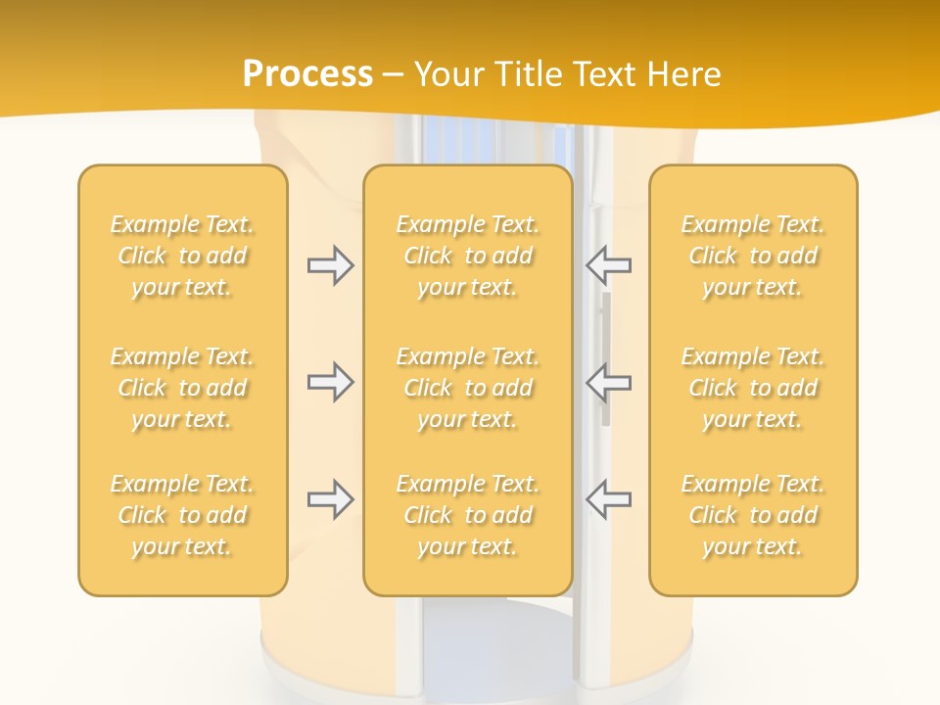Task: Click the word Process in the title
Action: (x=307, y=74)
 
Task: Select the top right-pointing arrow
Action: (x=330, y=265)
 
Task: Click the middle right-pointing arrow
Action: (x=330, y=382)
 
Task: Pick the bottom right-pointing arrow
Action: (x=330, y=499)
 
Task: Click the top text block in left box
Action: (x=182, y=256)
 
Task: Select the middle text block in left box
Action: (x=182, y=388)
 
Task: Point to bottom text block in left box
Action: (x=182, y=515)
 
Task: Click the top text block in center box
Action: (x=468, y=256)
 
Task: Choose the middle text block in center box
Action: (x=468, y=388)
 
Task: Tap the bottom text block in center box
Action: (x=468, y=515)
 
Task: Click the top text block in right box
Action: (x=753, y=256)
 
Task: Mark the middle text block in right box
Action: (x=753, y=388)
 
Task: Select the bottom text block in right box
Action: (x=753, y=515)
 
